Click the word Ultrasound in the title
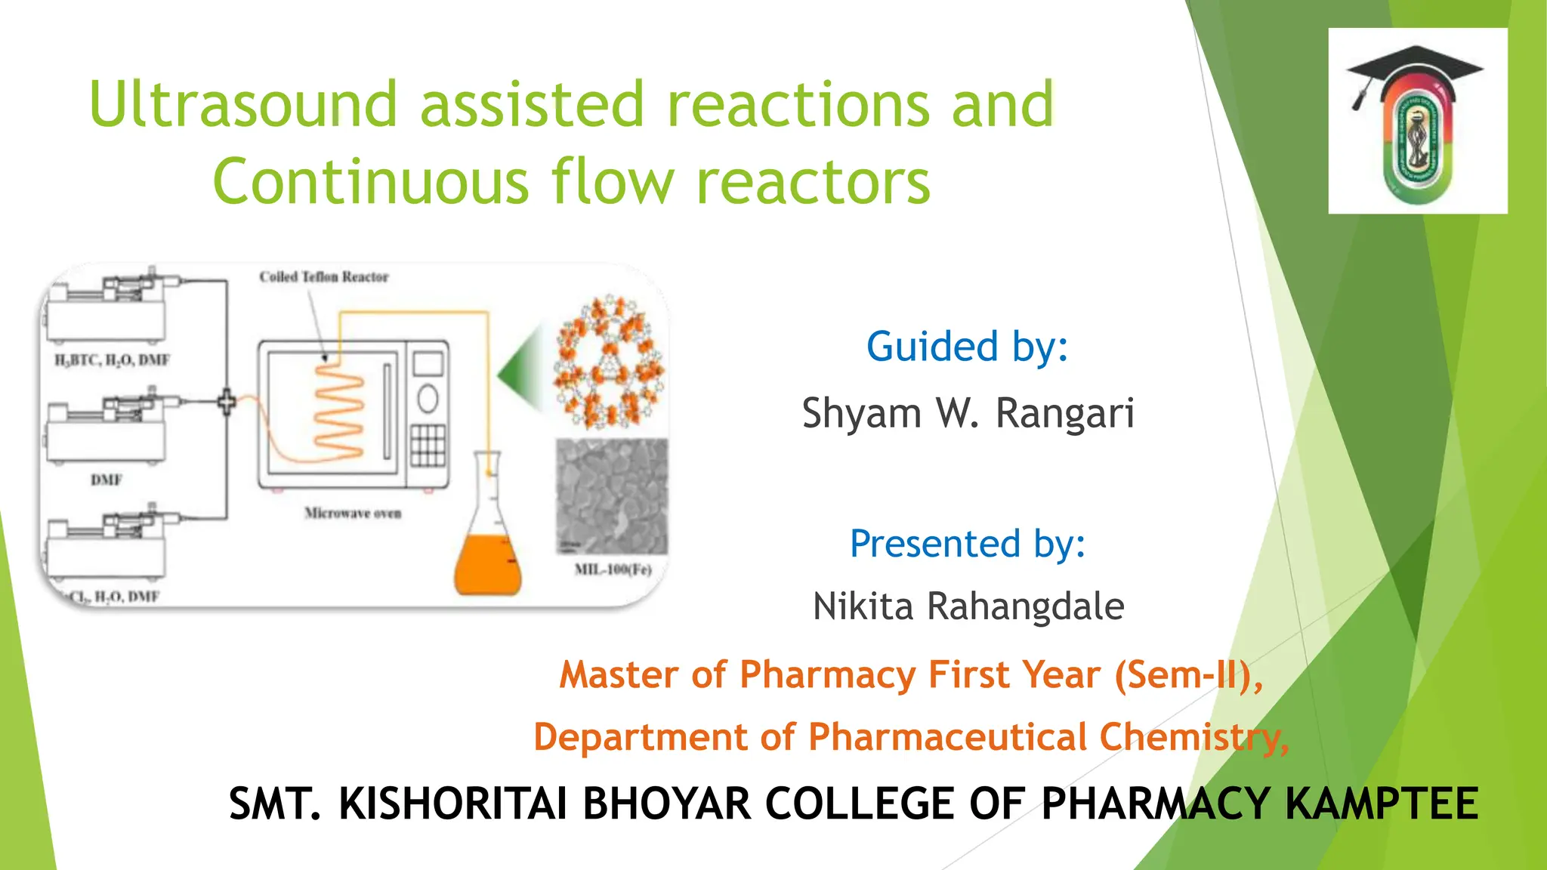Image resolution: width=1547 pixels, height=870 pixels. (242, 104)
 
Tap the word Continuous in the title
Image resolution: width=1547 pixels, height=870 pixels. (371, 182)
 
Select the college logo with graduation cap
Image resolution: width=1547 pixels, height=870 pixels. (1417, 121)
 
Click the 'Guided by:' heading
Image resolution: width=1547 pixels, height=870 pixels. (967, 347)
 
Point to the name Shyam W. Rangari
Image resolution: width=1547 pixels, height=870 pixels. (968, 413)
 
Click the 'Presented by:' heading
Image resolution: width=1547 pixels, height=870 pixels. (968, 544)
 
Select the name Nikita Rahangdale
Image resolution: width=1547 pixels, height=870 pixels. (968, 606)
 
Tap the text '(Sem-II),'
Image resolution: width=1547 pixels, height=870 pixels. (1188, 674)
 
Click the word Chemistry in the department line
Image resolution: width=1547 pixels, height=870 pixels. (1193, 737)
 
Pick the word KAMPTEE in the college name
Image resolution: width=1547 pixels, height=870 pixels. (1381, 804)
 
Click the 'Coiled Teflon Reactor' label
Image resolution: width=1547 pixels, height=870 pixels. (324, 277)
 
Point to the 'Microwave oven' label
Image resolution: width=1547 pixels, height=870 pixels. (353, 514)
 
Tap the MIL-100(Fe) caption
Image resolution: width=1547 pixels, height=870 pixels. (613, 569)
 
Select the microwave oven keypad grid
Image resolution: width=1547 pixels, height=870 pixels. (428, 445)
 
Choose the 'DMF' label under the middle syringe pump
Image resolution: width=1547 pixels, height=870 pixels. (107, 480)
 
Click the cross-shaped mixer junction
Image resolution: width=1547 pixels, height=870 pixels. (227, 402)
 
